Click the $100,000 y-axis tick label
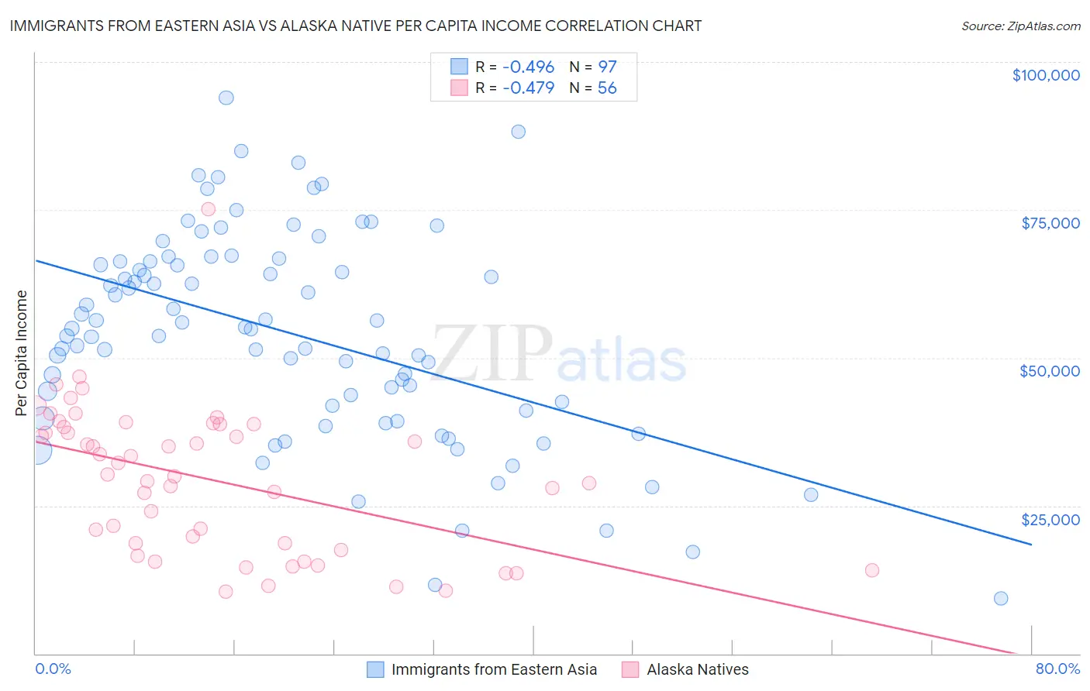(1046, 75)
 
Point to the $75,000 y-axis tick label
(1050, 223)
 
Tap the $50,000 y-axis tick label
(1050, 371)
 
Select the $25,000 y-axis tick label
(1050, 519)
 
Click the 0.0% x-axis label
(53, 669)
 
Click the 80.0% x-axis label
(1057, 669)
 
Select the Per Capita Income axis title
(22, 352)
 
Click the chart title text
(356, 26)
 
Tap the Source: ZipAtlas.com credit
(1020, 26)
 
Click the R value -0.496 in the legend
(528, 67)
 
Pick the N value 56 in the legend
(607, 88)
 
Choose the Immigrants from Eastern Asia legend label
(494, 669)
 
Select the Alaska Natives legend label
(698, 669)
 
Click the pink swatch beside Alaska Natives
(630, 669)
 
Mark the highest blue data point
(226, 98)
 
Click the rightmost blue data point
(1001, 598)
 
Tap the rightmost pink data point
(872, 570)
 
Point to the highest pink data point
(208, 209)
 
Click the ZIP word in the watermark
(492, 353)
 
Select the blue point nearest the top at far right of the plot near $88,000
(518, 132)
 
